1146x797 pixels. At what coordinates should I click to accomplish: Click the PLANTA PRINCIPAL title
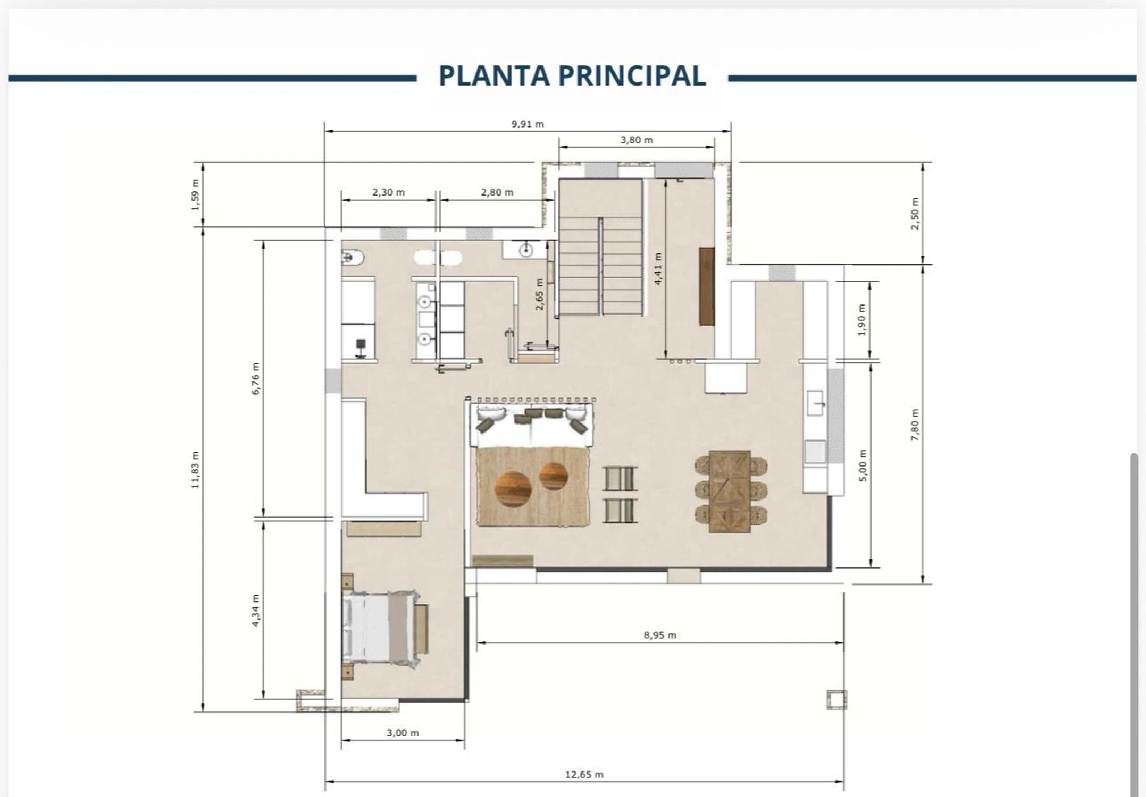coord(572,75)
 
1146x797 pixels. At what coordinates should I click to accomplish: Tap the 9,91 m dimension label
coord(528,124)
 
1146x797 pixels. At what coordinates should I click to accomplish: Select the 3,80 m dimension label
coord(636,140)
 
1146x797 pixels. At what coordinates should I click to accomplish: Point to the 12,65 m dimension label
coord(584,775)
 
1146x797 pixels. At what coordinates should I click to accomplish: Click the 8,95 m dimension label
coord(660,635)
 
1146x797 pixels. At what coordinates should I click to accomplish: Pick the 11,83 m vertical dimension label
coord(195,470)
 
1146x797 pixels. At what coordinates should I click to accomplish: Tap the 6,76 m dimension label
coord(256,378)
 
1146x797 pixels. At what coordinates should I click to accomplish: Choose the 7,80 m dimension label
coord(915,425)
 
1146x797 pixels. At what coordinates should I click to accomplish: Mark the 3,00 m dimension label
coord(403,733)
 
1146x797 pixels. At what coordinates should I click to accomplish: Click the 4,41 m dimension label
coord(658,268)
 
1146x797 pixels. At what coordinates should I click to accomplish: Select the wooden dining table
coord(730,491)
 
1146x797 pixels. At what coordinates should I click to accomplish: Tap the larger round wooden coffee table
coord(513,489)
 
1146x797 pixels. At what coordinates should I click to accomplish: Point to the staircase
coord(600,248)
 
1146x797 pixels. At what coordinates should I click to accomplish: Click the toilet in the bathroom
coord(353,258)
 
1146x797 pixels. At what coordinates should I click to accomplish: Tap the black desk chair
coord(361,348)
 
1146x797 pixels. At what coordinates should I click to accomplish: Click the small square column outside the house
coord(837,699)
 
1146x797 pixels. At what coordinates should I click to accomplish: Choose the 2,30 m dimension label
coord(388,192)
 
